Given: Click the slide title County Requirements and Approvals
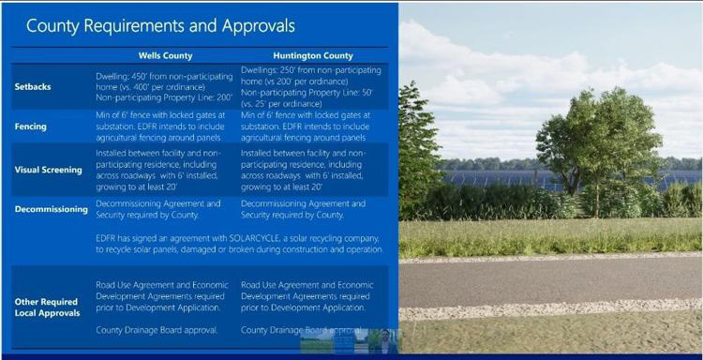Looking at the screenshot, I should [160, 25].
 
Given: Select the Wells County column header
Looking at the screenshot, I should [165, 55].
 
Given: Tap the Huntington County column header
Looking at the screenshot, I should [311, 55].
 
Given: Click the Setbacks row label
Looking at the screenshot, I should [34, 85].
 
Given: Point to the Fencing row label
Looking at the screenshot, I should [32, 127].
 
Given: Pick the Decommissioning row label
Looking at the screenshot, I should [52, 209].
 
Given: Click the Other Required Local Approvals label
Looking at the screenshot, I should [47, 307].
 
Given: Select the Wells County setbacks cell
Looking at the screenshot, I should [165, 84].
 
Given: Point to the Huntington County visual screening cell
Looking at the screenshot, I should [308, 168].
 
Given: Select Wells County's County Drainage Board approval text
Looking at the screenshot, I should [157, 329].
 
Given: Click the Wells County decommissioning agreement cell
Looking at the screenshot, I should [159, 209].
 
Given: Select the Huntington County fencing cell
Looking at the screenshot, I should [310, 127].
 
